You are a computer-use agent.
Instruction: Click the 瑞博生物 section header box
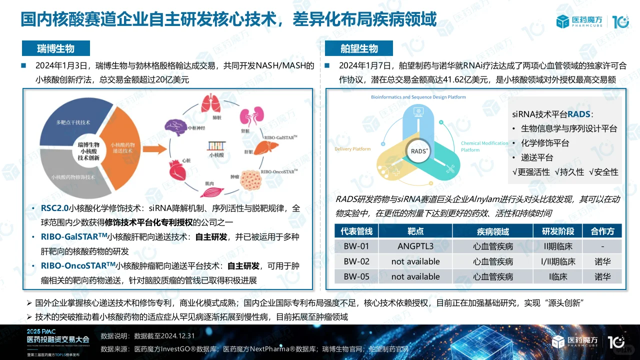pos(55,48)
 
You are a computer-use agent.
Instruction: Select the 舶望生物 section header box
pos(359,48)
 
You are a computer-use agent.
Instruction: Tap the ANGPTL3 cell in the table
pos(415,246)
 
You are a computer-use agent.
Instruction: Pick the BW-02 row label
pos(356,261)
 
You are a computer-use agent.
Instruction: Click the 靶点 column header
pos(415,231)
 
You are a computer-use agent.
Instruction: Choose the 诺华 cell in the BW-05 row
pos(602,276)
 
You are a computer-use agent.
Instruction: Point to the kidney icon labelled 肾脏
pos(247,116)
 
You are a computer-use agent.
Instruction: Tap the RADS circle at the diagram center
pos(419,151)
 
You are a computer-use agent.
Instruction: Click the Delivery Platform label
pos(352,149)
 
